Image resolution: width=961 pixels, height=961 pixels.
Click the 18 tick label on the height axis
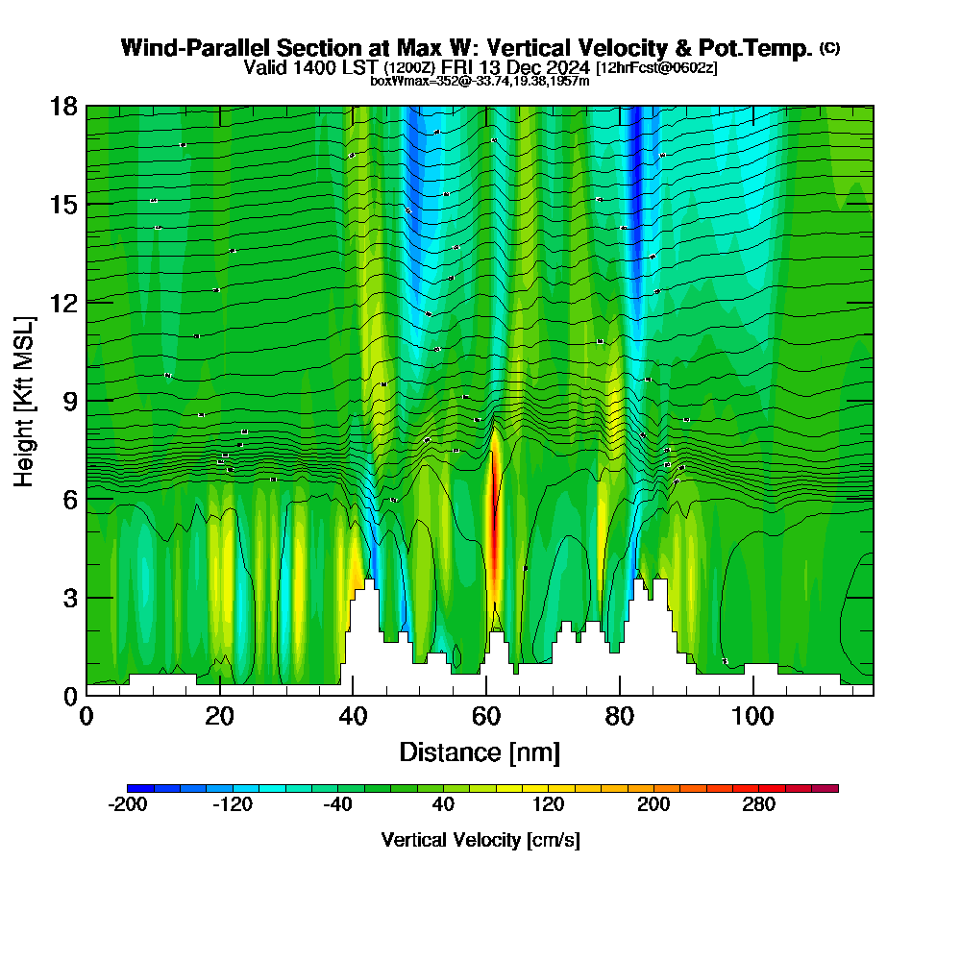pos(63,106)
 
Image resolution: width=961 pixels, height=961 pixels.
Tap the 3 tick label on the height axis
pos(70,597)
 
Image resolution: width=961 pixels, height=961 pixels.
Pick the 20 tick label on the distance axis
pos(220,717)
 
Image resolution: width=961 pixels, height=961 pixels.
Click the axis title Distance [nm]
pos(480,752)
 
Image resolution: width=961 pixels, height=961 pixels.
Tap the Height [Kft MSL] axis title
pos(25,400)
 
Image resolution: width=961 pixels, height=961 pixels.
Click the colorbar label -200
pos(128,805)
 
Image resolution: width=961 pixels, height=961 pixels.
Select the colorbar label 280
pos(759,805)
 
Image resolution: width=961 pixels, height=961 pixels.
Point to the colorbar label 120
pos(548,805)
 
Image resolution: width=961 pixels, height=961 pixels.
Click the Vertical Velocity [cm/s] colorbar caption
pos(480,840)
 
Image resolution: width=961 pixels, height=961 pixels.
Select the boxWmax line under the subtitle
pos(480,81)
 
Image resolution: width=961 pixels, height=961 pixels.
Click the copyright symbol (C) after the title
pos(830,48)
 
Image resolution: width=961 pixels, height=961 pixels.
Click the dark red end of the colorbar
pos(830,788)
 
